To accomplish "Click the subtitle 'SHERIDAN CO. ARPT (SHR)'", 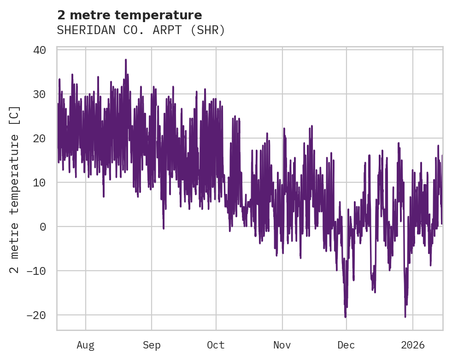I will coord(141,30).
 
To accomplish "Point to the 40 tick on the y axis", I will coord(40,50).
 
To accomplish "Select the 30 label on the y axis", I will coord(40,94).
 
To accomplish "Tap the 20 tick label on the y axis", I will coord(40,139).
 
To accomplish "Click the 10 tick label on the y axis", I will coord(40,183).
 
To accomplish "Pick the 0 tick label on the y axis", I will coord(43,227).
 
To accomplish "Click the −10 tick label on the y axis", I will coord(36,271).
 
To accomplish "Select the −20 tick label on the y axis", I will coord(36,315).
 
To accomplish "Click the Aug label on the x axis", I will coord(85,345).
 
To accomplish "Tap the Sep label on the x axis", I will coord(151,345).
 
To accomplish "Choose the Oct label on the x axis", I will coord(216,345).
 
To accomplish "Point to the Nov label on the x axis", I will coord(282,345).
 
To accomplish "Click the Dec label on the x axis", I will coord(346,345).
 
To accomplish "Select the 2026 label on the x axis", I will coord(413,345).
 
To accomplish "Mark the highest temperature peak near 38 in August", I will coord(125,59).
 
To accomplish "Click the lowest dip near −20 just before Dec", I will coord(345,317).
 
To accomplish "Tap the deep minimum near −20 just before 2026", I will coord(405,316).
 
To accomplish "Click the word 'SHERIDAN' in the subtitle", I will coord(81,30).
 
